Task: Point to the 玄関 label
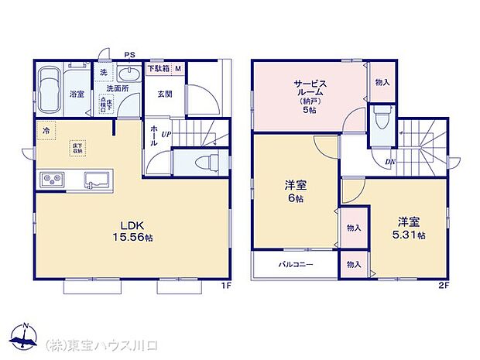coord(165,94)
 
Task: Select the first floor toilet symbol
coord(206,163)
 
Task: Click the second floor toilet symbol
coord(379,120)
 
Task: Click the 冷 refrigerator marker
coord(46,131)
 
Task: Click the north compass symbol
coord(26,334)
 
